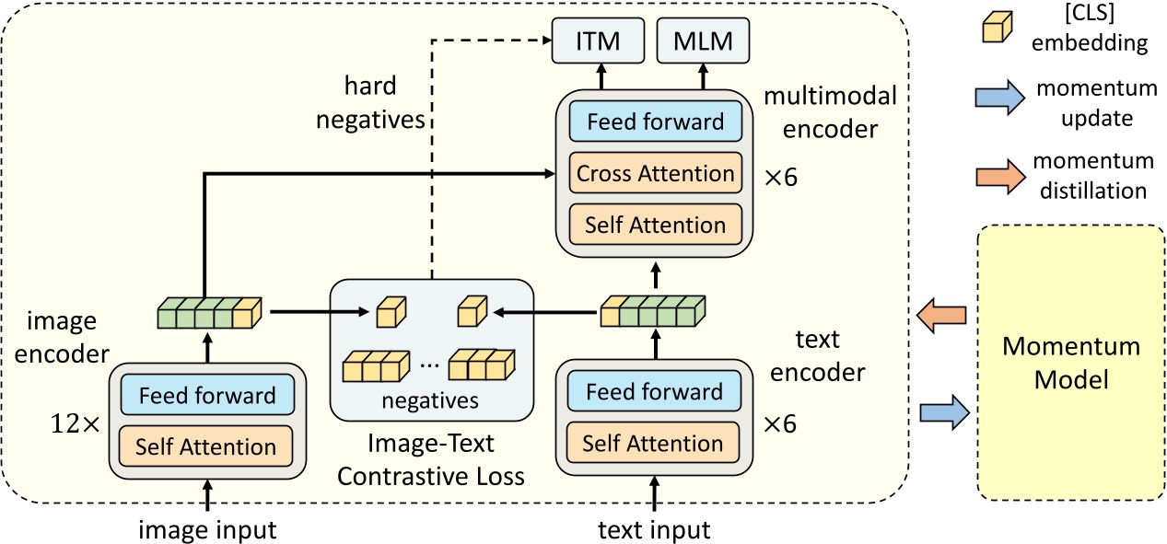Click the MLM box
[703, 41]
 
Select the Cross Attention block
[655, 173]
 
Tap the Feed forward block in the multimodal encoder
[655, 122]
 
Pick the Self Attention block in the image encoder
[205, 446]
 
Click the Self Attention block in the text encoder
[653, 443]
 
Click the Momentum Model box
[1071, 363]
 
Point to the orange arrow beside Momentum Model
[941, 316]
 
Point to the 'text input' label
[654, 530]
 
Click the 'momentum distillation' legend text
[1092, 176]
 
